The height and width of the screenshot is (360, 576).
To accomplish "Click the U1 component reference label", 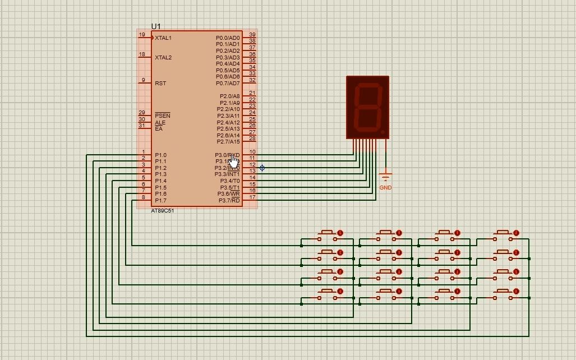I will click(x=156, y=26).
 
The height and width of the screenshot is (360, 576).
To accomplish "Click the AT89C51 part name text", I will click(x=163, y=211).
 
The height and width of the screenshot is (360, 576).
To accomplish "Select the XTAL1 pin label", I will click(x=163, y=38).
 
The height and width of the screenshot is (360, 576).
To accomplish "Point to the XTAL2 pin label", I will click(x=163, y=58).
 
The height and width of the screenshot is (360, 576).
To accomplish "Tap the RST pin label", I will click(x=160, y=84).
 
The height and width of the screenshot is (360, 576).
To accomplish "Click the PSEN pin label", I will click(x=162, y=116).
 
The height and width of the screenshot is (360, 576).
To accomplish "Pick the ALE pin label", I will click(x=160, y=123).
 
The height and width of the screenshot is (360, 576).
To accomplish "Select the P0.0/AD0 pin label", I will click(x=228, y=38).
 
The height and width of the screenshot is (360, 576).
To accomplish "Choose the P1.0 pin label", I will click(x=160, y=155).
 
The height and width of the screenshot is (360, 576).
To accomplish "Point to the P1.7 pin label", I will click(x=160, y=201).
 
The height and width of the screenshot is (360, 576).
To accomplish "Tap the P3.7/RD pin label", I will click(x=229, y=201).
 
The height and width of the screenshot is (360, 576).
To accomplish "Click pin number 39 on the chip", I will click(x=252, y=35).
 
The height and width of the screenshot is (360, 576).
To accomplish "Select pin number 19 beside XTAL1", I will click(x=142, y=35).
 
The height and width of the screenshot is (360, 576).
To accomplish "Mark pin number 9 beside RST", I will click(x=143, y=80).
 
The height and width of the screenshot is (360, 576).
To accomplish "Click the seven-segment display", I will click(x=368, y=107).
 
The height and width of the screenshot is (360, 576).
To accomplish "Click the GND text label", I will click(x=385, y=188).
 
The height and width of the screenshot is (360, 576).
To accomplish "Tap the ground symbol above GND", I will click(x=385, y=176).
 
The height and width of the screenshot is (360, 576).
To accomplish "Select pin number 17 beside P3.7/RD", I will click(x=252, y=197).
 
